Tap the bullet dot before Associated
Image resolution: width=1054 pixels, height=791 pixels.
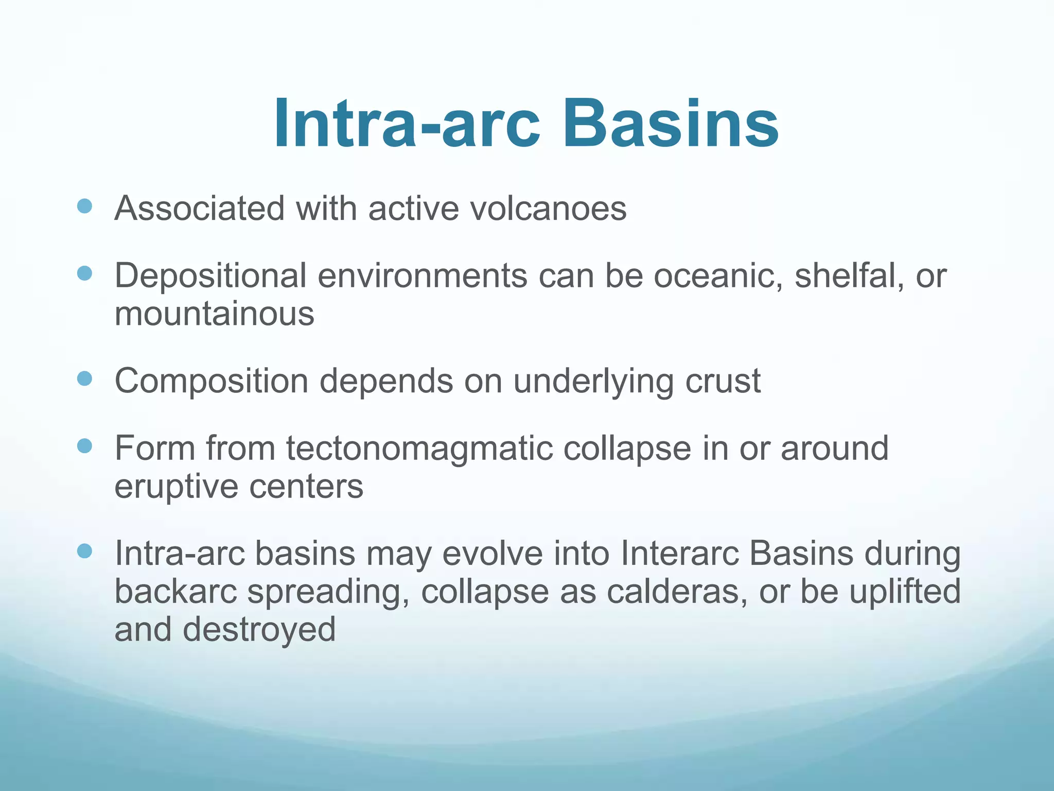point(84,207)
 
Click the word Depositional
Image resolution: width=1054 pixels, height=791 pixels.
point(210,277)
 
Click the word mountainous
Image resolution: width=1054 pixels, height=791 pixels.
point(214,314)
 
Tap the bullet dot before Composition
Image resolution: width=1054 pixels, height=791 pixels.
point(84,379)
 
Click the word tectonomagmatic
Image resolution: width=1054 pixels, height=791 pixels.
point(419,448)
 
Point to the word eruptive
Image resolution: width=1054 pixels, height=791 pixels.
point(176,487)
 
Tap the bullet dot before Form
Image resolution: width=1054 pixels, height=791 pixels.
point(84,446)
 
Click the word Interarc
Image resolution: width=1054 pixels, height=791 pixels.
point(679,554)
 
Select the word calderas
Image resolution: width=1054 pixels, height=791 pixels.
point(676,592)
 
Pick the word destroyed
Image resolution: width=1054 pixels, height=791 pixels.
point(259,630)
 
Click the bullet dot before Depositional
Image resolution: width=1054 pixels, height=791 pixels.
point(84,273)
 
